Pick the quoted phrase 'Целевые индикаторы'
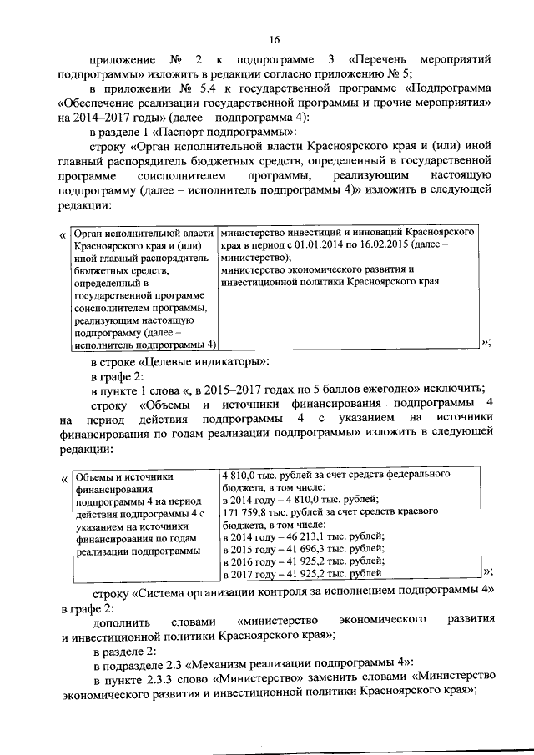[x=210, y=360]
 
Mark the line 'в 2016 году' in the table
[x=249, y=561]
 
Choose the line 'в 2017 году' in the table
[x=249, y=573]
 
